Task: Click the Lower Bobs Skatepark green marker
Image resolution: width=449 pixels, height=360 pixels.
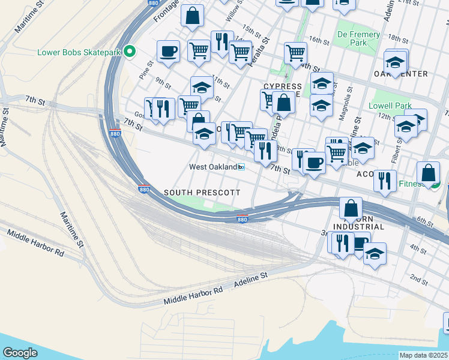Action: point(129,52)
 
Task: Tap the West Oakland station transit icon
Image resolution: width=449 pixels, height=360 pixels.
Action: point(241,167)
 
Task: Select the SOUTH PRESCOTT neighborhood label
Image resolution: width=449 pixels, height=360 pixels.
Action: point(202,193)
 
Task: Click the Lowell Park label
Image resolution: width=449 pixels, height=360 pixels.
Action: point(391,106)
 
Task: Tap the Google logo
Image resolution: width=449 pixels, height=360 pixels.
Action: point(20,352)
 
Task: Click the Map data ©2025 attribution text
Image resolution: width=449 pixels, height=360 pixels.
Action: point(423,355)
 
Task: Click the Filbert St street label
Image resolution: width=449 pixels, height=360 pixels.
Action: point(397,146)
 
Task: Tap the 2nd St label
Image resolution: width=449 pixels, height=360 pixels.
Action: point(419,278)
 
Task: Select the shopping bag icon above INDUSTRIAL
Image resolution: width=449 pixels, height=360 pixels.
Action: point(351,208)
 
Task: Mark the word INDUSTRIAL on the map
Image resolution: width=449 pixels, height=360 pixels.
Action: point(359,227)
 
